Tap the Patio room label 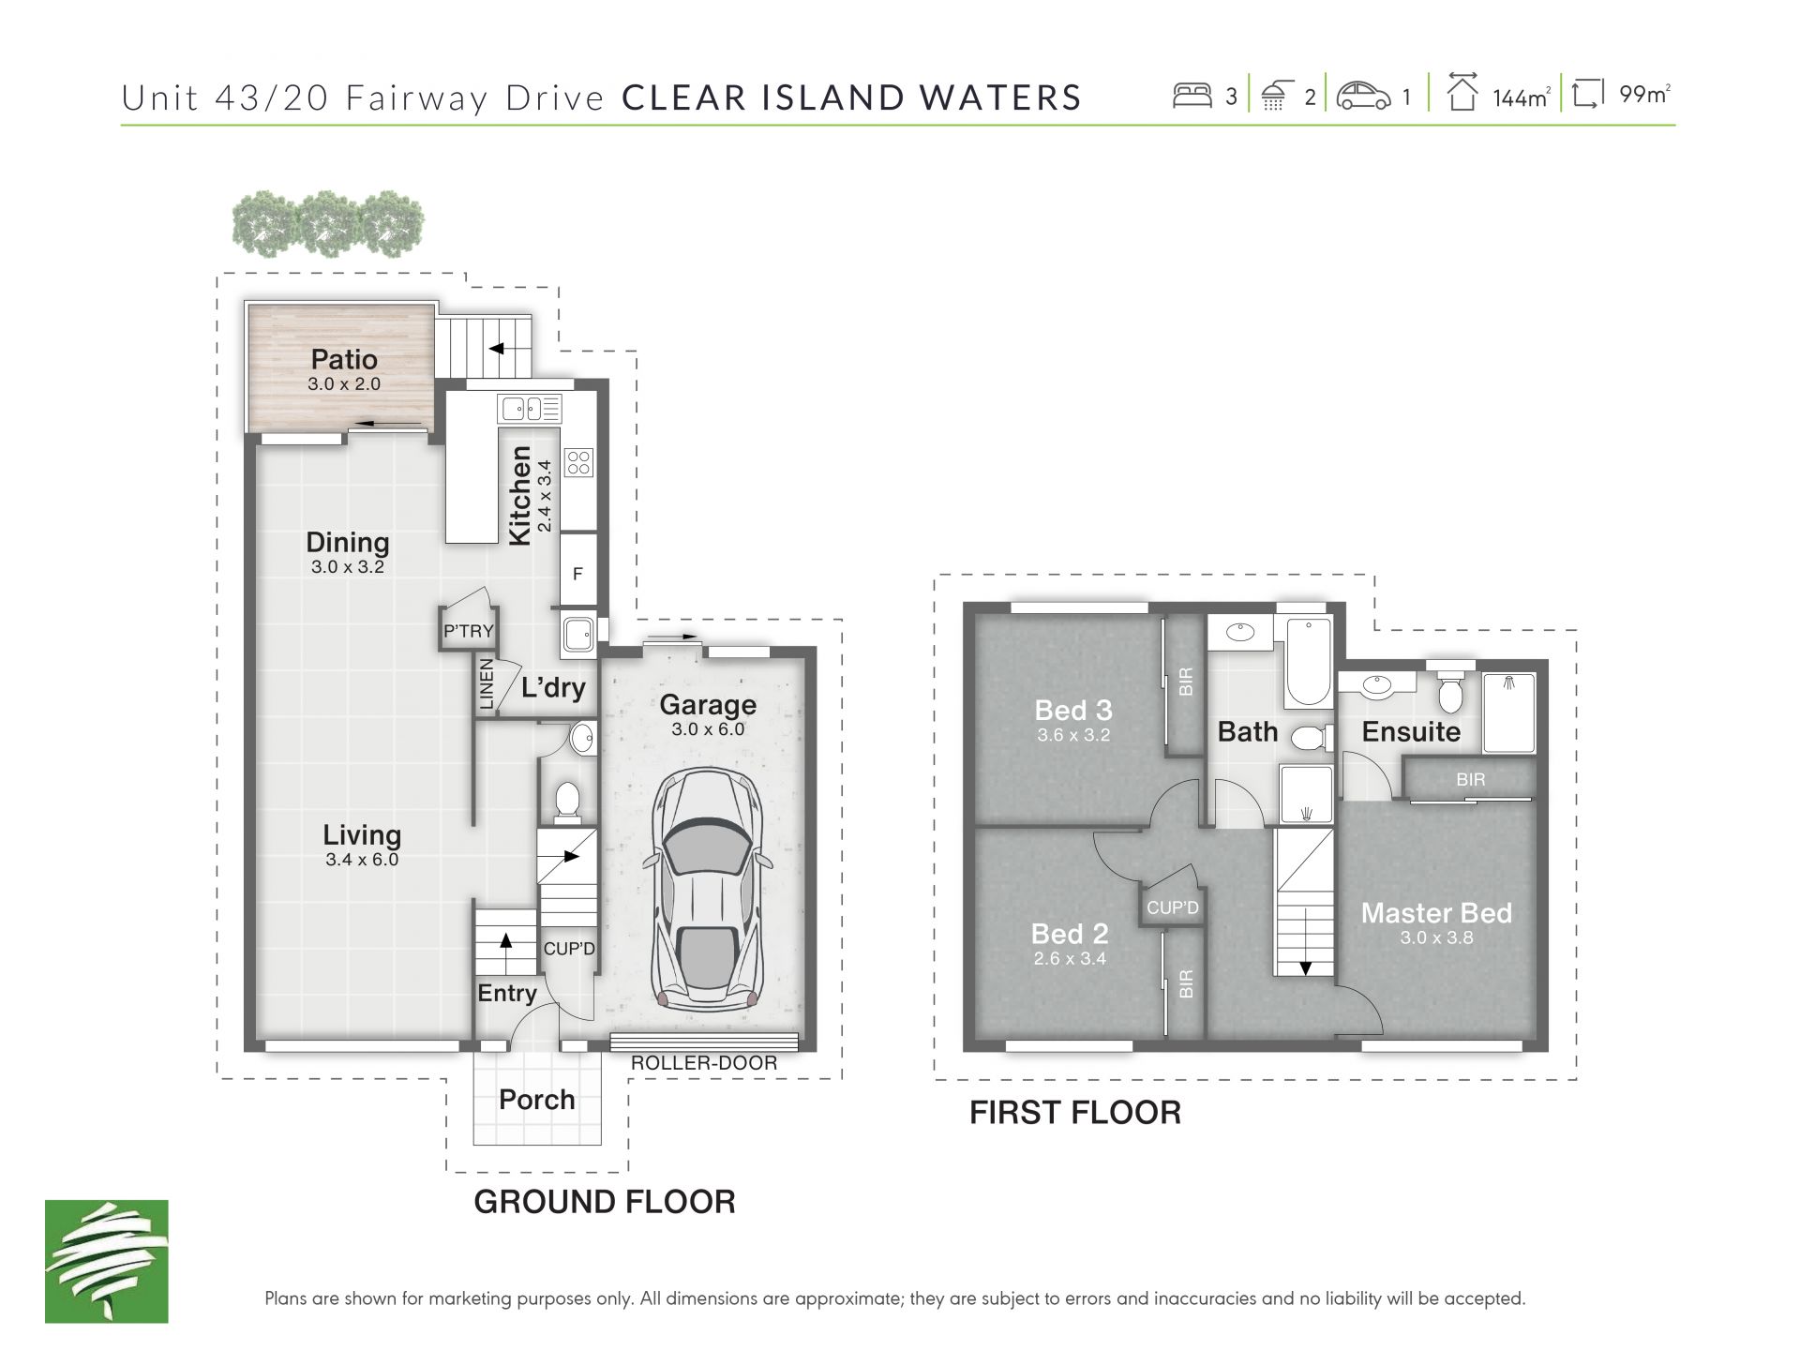(x=344, y=359)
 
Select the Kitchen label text (x=519, y=495)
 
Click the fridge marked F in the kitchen (x=577, y=573)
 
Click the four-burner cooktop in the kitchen (x=578, y=462)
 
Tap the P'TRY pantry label (x=468, y=631)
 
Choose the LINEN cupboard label (x=487, y=683)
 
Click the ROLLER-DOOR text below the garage (x=704, y=1063)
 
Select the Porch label (x=536, y=1100)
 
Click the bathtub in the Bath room (x=1308, y=662)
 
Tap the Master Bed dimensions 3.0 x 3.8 (x=1436, y=937)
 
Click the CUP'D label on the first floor (x=1173, y=907)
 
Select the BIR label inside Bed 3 (x=1186, y=682)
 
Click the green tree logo (x=107, y=1261)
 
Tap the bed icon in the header (x=1192, y=96)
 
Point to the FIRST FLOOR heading (x=1075, y=1113)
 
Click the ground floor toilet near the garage (x=567, y=802)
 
